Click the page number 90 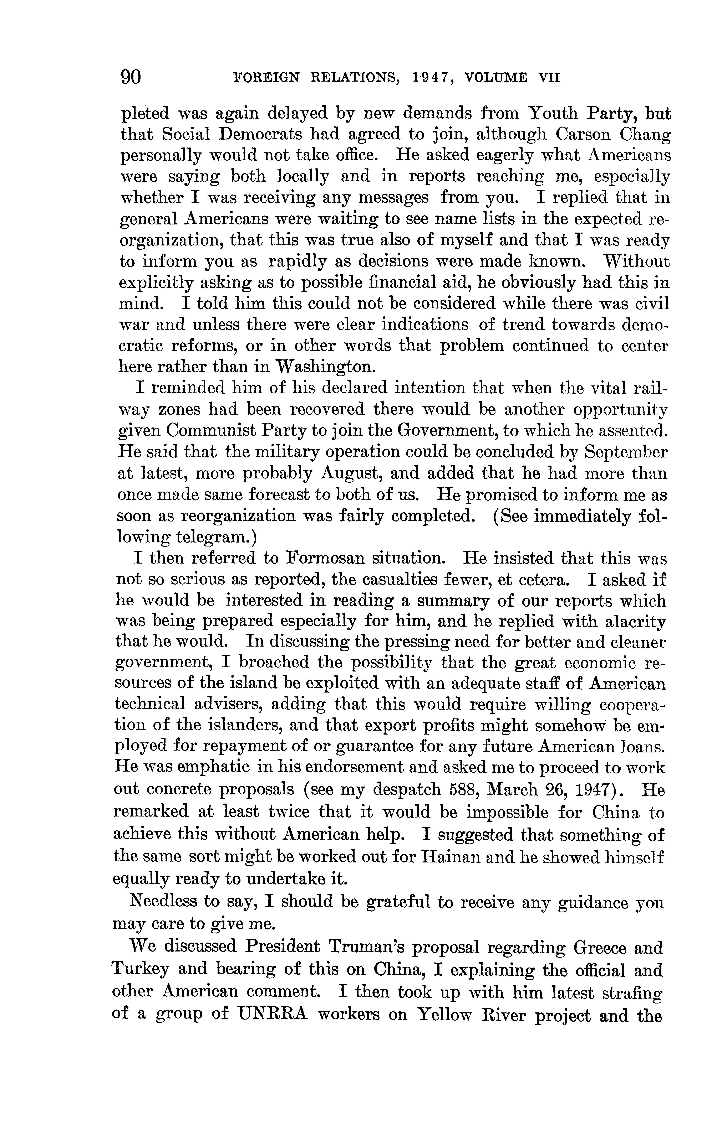131,77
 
